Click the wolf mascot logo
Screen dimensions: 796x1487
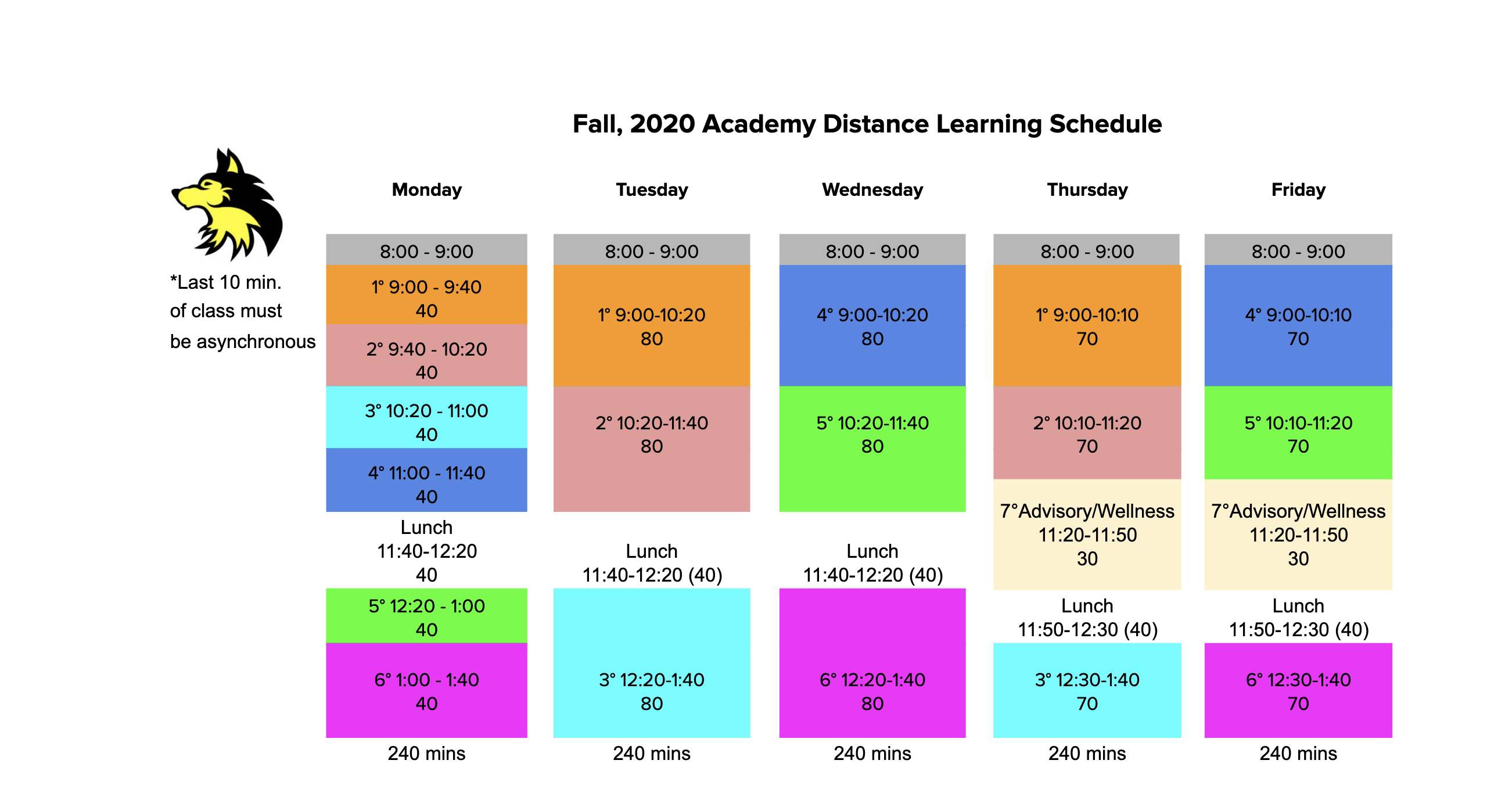coord(228,205)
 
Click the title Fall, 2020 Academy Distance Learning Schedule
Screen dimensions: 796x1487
coord(867,124)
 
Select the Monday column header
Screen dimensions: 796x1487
coord(426,190)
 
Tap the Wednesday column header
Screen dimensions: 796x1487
coord(872,190)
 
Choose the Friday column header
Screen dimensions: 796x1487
coord(1298,190)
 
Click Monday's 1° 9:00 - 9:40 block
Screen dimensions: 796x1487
coord(426,295)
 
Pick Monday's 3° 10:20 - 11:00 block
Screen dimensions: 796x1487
coord(426,417)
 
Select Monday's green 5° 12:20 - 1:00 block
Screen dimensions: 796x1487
coord(426,616)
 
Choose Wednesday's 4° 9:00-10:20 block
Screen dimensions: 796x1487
coord(872,325)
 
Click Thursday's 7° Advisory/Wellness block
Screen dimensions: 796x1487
coord(1087,535)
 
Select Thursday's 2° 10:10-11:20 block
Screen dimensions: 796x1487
coord(1087,433)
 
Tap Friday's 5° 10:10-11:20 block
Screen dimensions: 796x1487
coord(1298,433)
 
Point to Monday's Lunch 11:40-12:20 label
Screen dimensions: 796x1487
coord(426,551)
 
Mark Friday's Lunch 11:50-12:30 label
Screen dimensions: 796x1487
coord(1298,617)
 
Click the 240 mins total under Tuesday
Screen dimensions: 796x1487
coord(651,754)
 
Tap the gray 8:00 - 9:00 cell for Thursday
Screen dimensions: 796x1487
coord(1086,250)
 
